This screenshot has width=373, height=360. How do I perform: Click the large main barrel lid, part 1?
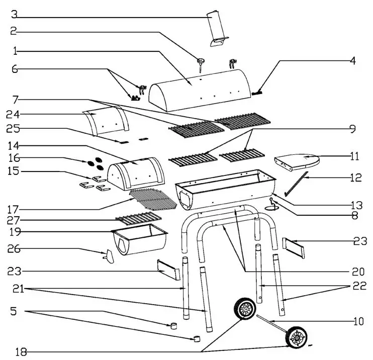[201, 91]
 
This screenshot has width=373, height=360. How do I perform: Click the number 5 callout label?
[14, 312]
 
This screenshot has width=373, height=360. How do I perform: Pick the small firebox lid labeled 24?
[106, 122]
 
